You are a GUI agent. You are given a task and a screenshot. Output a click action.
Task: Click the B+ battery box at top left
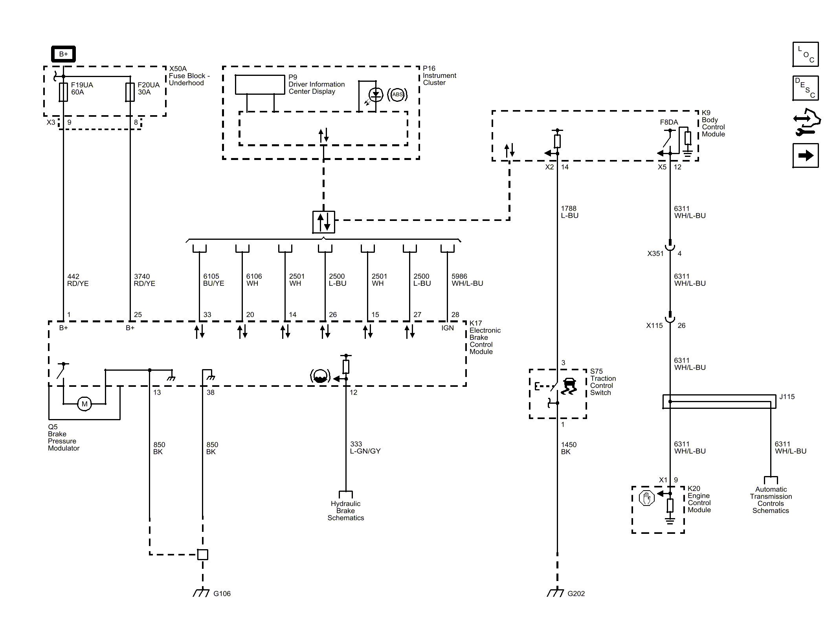(x=63, y=54)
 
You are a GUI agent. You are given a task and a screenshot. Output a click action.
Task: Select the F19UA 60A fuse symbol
(x=63, y=92)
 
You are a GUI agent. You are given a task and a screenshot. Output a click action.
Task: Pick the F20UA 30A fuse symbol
(x=130, y=92)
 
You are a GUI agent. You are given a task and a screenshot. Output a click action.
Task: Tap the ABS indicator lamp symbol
(x=397, y=95)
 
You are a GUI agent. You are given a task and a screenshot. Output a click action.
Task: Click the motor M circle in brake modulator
(x=84, y=404)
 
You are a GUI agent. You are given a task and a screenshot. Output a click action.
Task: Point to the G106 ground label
(x=222, y=594)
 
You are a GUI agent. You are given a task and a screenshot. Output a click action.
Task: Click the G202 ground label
(x=576, y=594)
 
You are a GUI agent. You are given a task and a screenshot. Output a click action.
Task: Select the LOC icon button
(x=806, y=54)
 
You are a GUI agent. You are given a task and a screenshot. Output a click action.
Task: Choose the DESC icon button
(x=806, y=88)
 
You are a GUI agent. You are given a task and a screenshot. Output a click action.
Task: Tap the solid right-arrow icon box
(x=806, y=156)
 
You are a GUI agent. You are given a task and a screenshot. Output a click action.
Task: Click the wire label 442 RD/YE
(x=78, y=280)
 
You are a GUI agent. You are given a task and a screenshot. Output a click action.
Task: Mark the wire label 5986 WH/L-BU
(x=467, y=280)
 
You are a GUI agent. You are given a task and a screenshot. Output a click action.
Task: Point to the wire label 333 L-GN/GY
(x=365, y=448)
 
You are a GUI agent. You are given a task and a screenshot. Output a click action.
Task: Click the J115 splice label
(x=787, y=397)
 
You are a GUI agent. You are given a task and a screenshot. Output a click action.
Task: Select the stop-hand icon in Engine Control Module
(x=646, y=498)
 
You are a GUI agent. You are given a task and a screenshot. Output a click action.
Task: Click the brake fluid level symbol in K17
(x=320, y=377)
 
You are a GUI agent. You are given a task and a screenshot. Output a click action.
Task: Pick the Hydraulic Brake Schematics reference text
(x=346, y=511)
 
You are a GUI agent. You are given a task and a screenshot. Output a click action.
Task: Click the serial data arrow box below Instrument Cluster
(x=324, y=222)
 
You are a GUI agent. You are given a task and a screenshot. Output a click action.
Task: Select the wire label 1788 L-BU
(x=569, y=212)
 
